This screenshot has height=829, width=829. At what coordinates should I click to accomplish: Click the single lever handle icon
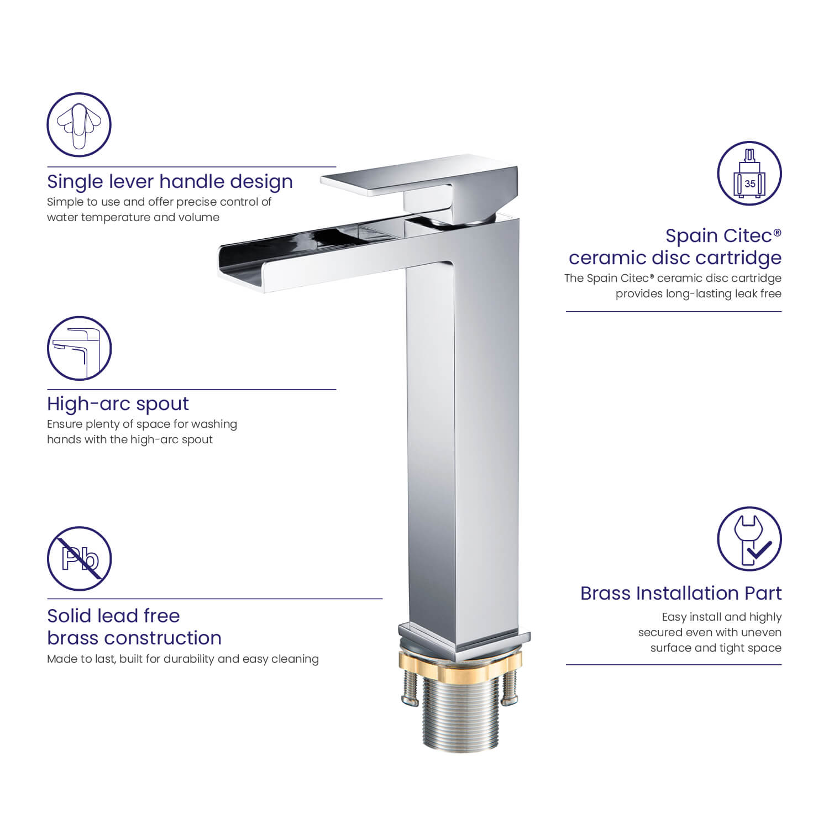coord(79,124)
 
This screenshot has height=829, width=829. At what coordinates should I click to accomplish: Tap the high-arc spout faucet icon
coord(79,348)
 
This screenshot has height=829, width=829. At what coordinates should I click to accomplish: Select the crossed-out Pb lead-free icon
coord(79,558)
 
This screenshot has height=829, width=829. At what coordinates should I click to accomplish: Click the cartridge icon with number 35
coord(749,173)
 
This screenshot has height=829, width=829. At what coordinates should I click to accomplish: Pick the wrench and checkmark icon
coord(749,539)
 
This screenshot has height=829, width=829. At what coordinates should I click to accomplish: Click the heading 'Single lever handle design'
coord(170,182)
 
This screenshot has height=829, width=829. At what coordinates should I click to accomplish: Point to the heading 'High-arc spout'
coord(118,404)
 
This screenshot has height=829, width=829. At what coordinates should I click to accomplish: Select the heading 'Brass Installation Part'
coord(681,593)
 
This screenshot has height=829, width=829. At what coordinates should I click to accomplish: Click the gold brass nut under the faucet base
coord(460,663)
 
